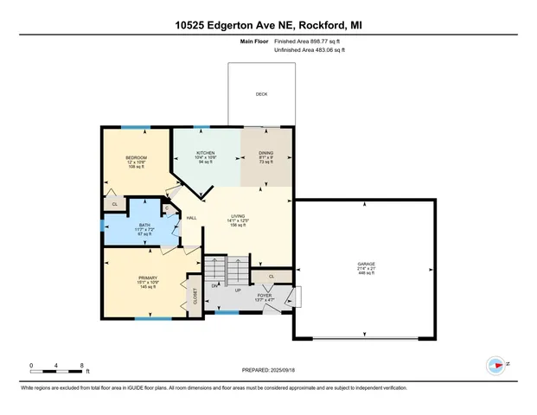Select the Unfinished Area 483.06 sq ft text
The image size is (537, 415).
pyautogui.click(x=309, y=51)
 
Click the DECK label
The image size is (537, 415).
pyautogui.click(x=261, y=95)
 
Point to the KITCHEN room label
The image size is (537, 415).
pyautogui.click(x=205, y=153)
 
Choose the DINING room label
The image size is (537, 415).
pyautogui.click(x=266, y=153)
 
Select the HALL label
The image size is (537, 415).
pyautogui.click(x=192, y=218)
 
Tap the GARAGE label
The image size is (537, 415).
pyautogui.click(x=367, y=264)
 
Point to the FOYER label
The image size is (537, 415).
pyautogui.click(x=265, y=296)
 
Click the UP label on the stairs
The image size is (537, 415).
pyautogui.click(x=238, y=289)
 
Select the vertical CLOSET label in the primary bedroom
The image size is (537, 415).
pyautogui.click(x=195, y=296)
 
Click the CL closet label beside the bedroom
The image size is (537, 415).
pyautogui.click(x=115, y=204)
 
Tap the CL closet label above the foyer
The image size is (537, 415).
pyautogui.click(x=271, y=277)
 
